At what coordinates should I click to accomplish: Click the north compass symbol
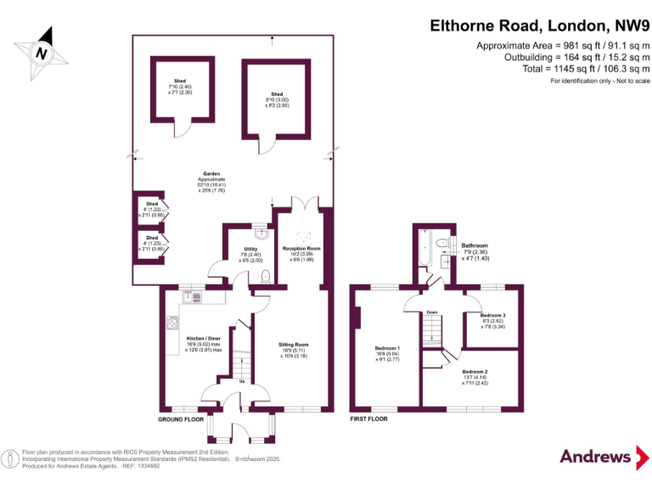[40, 52]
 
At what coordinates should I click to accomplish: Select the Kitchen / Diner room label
[204, 343]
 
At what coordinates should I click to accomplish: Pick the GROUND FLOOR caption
[181, 419]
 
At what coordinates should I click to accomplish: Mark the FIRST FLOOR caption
[369, 419]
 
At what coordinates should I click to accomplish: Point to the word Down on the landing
[432, 311]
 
